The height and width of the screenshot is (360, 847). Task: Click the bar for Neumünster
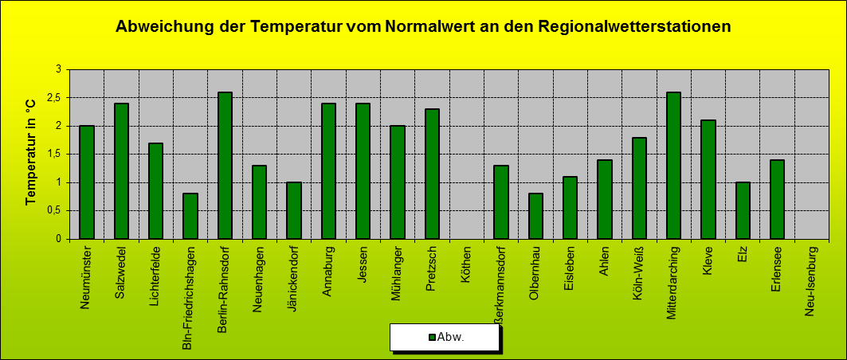click(x=87, y=182)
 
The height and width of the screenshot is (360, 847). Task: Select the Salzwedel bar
click(x=122, y=171)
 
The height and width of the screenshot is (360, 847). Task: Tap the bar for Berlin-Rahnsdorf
click(x=225, y=165)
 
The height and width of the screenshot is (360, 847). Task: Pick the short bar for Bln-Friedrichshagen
click(x=190, y=216)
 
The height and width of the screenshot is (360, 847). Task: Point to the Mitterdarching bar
click(x=673, y=165)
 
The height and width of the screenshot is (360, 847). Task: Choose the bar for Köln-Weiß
click(x=639, y=188)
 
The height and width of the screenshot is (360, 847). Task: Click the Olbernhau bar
click(x=535, y=216)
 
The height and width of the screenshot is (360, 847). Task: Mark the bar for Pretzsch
click(x=432, y=174)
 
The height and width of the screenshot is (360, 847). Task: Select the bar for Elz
click(x=743, y=210)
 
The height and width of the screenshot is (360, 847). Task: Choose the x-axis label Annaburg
click(x=329, y=271)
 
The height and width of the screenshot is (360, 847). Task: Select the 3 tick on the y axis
click(x=59, y=69)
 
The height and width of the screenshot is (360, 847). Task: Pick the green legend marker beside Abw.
click(x=432, y=338)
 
